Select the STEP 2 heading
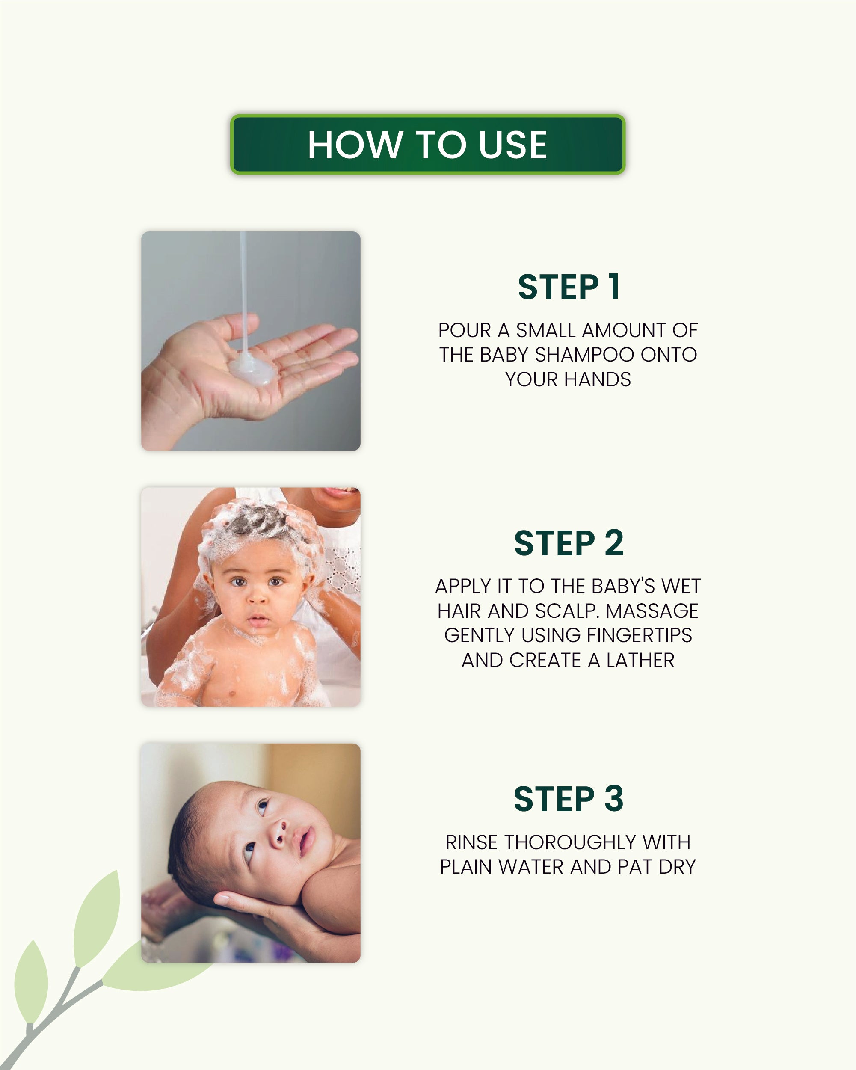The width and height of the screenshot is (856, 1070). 569,543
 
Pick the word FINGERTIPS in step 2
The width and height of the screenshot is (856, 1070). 639,635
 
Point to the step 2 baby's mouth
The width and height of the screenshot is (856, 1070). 258,620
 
